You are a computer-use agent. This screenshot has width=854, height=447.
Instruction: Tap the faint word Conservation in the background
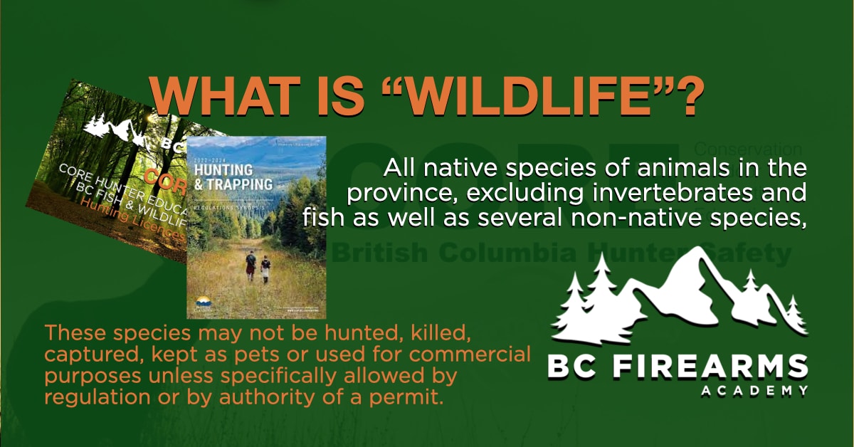click(747, 150)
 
